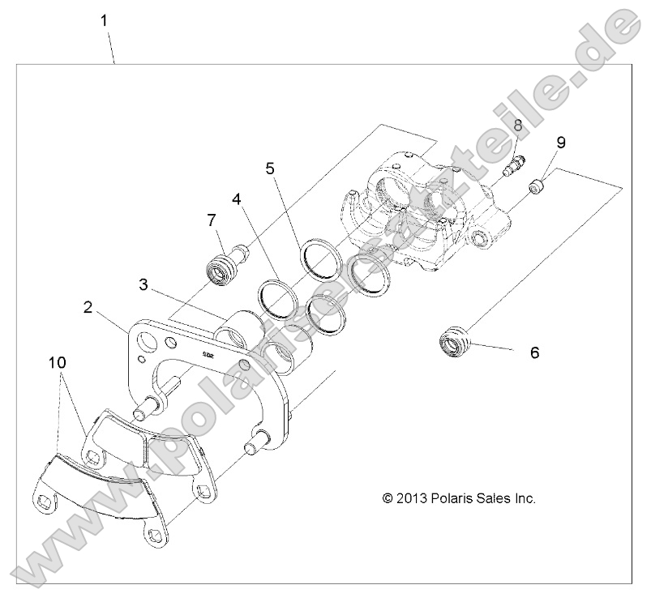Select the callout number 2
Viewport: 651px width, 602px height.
point(88,307)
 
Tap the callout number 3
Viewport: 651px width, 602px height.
point(142,284)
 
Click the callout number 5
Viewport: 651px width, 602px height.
point(271,169)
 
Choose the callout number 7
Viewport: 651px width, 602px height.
point(212,220)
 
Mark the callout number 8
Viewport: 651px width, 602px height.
point(518,125)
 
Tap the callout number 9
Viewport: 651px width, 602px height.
point(559,143)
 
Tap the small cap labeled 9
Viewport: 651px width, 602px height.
point(535,188)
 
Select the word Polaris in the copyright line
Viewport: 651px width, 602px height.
point(451,499)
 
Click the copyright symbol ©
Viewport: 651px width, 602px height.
point(388,499)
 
